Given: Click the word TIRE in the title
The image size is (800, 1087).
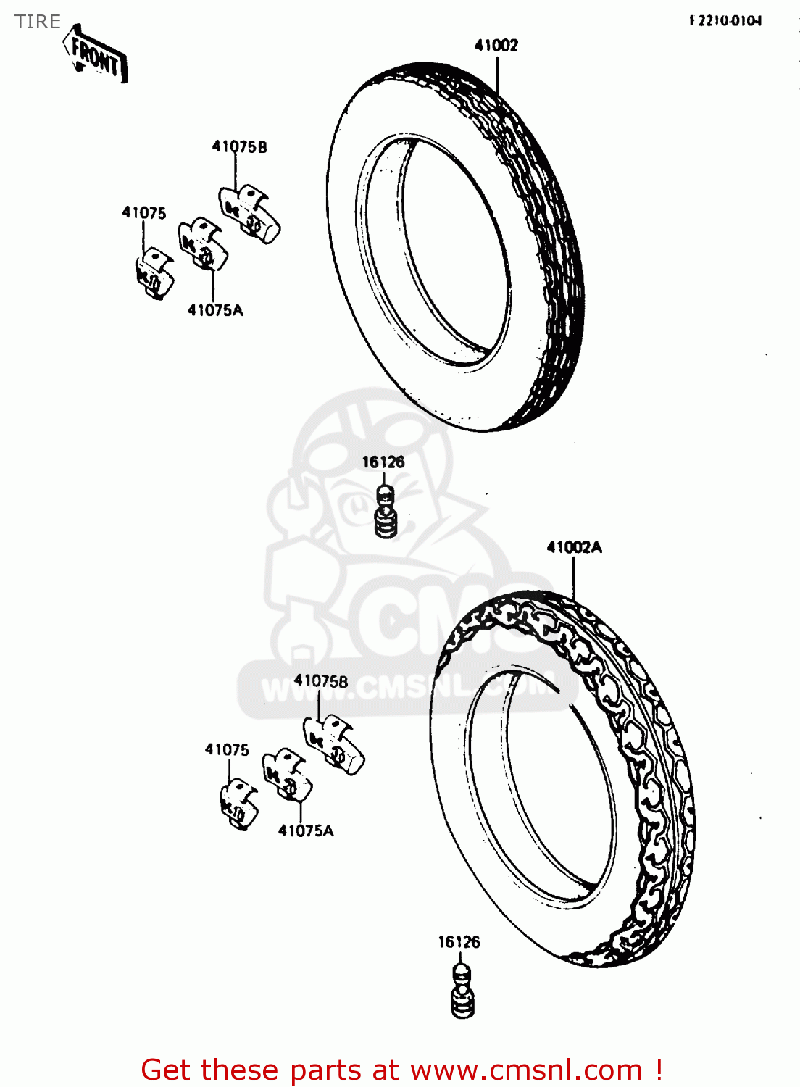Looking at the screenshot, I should (x=38, y=22).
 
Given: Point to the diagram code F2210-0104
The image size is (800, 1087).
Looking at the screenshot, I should (x=725, y=21).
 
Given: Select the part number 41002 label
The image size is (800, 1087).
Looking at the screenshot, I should (x=496, y=46).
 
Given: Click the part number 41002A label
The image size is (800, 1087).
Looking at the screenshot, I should (x=574, y=548).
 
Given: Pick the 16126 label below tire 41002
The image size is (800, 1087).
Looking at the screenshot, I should (x=383, y=462).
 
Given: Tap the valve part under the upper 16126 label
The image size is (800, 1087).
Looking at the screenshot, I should (x=386, y=512).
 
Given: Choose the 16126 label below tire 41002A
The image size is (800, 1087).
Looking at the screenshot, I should (x=459, y=942).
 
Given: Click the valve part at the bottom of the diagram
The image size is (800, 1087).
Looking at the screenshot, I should (x=462, y=991).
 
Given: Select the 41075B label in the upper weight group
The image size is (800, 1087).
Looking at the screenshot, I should (x=239, y=147).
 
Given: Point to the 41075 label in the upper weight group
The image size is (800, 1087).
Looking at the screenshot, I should (x=143, y=213).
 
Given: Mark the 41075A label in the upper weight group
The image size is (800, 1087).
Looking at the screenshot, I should (x=215, y=311).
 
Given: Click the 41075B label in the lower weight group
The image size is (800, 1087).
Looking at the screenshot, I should (x=321, y=681).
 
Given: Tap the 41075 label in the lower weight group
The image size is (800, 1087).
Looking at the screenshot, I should (x=227, y=750).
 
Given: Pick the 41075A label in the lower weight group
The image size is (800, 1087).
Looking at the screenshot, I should (x=306, y=831).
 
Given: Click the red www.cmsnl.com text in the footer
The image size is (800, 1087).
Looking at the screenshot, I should (x=527, y=1070).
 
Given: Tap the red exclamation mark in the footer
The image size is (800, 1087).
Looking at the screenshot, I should (x=658, y=1070).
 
